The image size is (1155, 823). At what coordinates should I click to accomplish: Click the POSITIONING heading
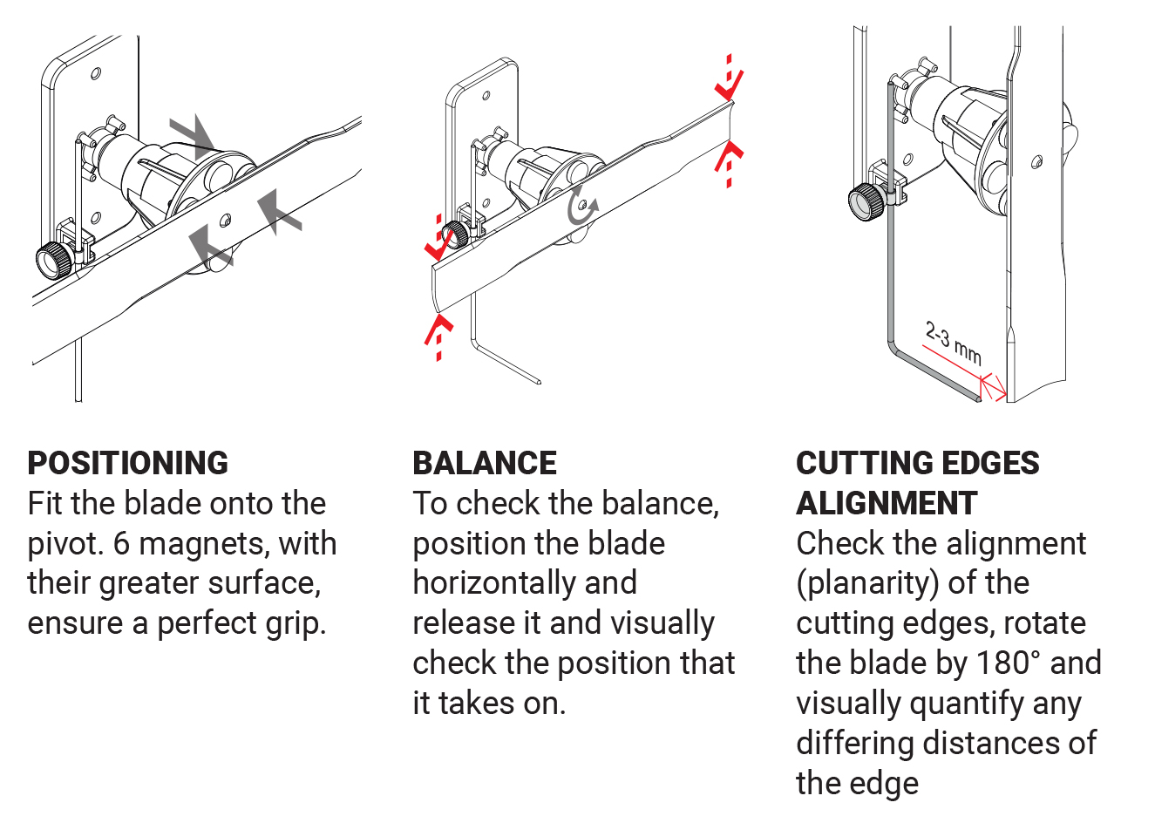[128, 463]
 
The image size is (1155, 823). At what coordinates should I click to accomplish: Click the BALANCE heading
[485, 463]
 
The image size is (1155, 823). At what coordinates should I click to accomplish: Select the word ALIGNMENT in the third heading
[887, 503]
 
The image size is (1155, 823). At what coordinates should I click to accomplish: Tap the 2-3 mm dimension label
[953, 343]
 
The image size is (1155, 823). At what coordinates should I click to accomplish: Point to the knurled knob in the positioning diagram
[54, 259]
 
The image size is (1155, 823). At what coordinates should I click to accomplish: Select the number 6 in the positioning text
[122, 543]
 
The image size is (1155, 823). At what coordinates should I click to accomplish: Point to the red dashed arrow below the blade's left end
[438, 337]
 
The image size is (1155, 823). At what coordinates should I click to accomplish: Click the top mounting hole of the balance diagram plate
[486, 96]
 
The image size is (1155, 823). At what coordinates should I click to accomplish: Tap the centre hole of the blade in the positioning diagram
[225, 221]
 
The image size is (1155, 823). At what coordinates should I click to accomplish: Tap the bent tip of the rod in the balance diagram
[539, 382]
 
